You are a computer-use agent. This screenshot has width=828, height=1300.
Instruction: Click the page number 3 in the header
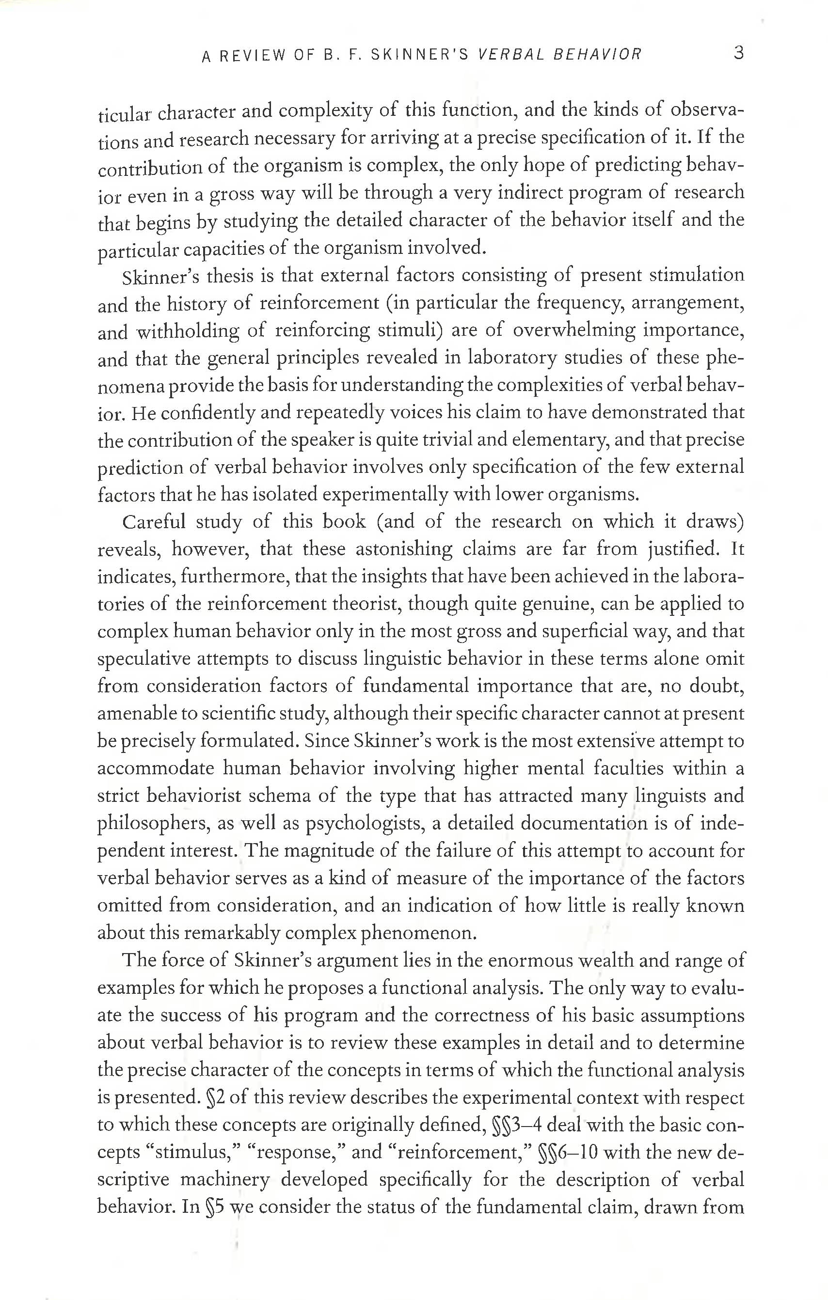click(739, 53)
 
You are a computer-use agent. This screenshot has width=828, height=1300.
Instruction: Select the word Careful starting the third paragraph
click(154, 522)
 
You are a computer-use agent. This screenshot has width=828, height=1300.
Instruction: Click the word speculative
click(143, 659)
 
